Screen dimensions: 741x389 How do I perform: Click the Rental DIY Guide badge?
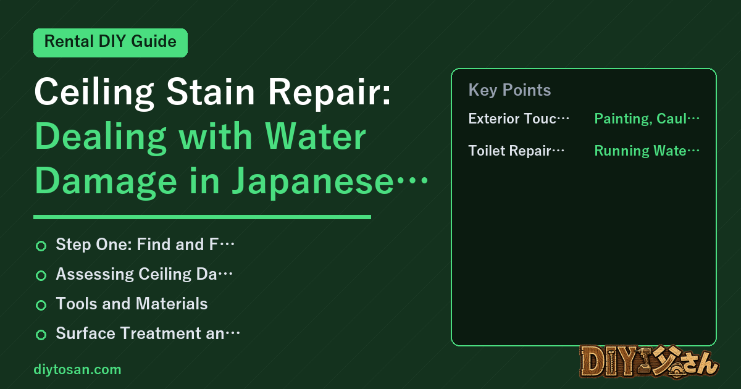click(x=111, y=43)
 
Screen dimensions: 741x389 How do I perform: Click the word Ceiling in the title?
click(x=94, y=93)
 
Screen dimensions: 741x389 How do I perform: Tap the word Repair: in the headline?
click(x=330, y=93)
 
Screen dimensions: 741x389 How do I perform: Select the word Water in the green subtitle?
click(x=316, y=136)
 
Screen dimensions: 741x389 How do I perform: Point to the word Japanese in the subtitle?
click(x=313, y=182)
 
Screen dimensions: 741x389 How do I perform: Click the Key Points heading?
click(x=509, y=90)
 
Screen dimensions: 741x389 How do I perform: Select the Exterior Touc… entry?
click(x=519, y=119)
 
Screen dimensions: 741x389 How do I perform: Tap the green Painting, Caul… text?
click(x=647, y=119)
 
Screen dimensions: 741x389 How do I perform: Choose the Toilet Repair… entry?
click(x=516, y=151)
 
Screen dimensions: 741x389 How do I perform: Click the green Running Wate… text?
click(x=647, y=151)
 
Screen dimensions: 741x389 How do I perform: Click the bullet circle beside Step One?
click(x=41, y=246)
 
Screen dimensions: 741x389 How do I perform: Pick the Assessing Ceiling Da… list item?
click(x=144, y=274)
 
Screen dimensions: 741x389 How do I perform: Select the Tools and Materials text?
click(x=132, y=304)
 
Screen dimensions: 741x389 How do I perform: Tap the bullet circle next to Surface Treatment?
click(x=41, y=335)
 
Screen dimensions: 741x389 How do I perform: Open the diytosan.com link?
click(x=77, y=369)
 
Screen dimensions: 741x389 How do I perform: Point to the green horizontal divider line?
click(x=202, y=217)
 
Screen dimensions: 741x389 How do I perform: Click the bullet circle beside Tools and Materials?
click(x=41, y=305)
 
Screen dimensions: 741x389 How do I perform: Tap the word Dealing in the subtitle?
click(x=100, y=137)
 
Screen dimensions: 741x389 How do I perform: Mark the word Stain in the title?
click(x=211, y=91)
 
